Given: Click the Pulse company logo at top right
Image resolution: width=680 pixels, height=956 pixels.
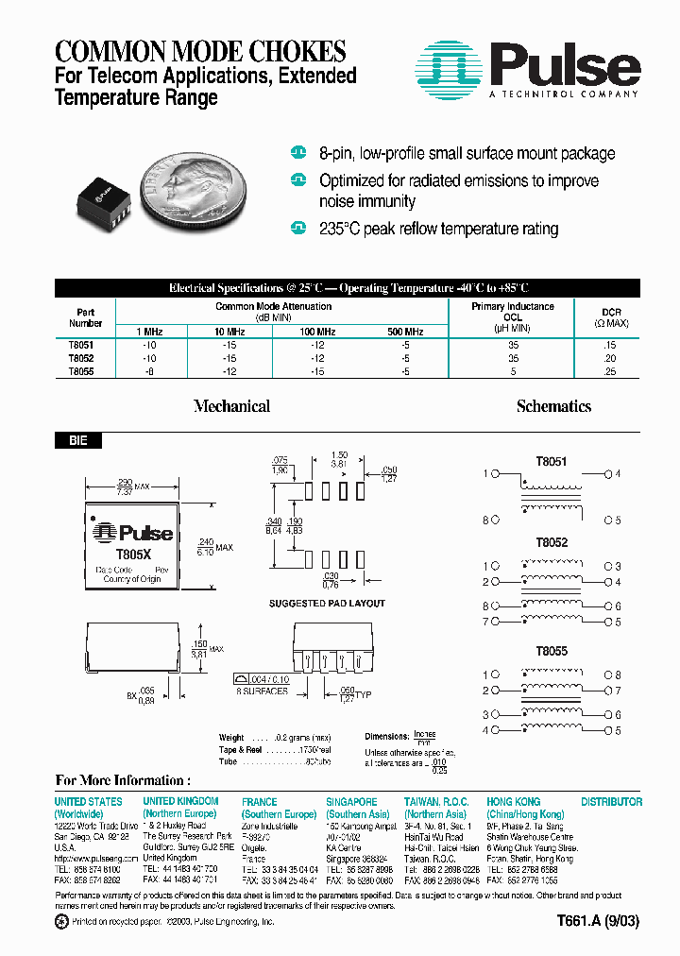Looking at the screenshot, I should tap(528, 68).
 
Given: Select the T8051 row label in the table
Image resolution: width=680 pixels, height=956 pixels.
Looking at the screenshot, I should tap(81, 346).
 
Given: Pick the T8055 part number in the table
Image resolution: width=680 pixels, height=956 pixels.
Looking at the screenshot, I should tap(81, 372).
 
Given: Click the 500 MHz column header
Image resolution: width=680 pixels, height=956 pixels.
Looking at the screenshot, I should tap(405, 332).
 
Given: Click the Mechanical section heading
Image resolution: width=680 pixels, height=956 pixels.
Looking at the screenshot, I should tap(231, 406).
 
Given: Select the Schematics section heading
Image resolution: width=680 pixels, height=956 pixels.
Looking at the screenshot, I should tap(553, 406).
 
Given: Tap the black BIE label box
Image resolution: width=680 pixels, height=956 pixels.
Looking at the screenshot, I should tap(78, 440).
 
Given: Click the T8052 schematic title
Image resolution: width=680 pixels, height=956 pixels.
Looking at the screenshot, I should tap(552, 544).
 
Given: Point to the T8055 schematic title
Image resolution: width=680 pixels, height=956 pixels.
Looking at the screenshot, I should tap(552, 652).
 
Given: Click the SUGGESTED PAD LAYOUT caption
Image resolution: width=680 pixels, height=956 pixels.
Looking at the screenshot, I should tap(327, 603).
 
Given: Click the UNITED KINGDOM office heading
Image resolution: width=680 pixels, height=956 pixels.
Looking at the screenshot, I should tap(180, 801).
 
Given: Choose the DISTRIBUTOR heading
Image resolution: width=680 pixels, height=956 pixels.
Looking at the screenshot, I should tap(611, 801).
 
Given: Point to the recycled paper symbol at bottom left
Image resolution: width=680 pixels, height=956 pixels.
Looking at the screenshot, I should tap(62, 921).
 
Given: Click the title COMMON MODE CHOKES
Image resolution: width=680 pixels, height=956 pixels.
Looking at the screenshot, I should tap(200, 51).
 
